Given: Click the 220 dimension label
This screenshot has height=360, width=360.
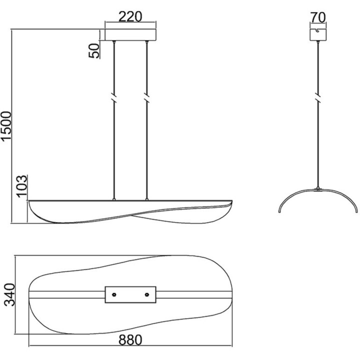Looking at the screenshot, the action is [x=130, y=17].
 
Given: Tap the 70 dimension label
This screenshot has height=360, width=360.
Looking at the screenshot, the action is [x=318, y=17].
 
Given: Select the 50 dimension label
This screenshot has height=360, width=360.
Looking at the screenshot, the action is [x=94, y=50].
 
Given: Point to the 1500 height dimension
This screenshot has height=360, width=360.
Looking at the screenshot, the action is [x=6, y=125].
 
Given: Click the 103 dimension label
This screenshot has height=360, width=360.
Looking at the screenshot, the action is [x=22, y=186].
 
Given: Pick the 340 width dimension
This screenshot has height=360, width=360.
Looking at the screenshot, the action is [x=10, y=295].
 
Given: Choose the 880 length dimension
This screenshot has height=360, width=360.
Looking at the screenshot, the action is [x=130, y=340].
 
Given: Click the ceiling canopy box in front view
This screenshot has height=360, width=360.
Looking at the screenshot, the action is [x=130, y=35].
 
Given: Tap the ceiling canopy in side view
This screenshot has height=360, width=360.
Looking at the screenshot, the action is [x=318, y=35].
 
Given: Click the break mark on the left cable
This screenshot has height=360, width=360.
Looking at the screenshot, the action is [x=114, y=98].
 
